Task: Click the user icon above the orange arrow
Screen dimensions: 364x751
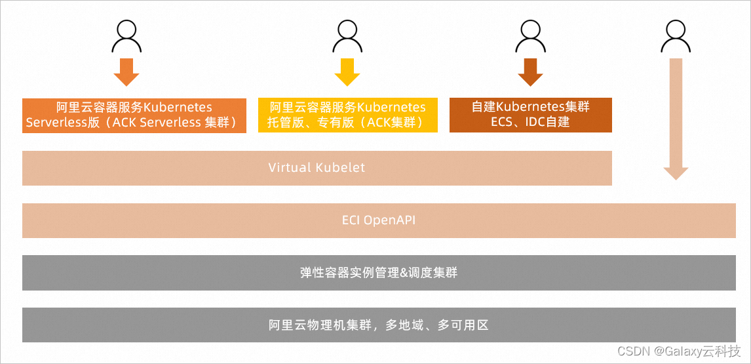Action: (126, 36)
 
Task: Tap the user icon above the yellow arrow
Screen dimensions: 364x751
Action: (347, 36)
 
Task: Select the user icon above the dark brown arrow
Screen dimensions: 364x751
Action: (530, 36)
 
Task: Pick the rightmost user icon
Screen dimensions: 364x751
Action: (676, 36)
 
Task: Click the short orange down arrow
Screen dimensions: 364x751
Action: (126, 72)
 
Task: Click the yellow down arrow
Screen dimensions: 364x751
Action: (347, 72)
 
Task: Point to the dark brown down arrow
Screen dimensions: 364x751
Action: (530, 72)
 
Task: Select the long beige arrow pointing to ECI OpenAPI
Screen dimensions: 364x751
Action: (676, 118)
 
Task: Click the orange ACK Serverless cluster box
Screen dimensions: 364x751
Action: (134, 115)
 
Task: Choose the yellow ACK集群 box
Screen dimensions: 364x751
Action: (347, 115)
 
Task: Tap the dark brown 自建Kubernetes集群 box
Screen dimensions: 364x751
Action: (530, 115)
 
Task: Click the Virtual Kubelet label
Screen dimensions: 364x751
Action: (317, 168)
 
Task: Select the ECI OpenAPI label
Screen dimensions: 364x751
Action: (379, 220)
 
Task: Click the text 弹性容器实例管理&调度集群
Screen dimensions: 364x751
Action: (379, 273)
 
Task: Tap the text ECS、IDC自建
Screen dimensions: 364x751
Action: (530, 122)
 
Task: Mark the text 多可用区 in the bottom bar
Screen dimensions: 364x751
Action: (463, 325)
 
